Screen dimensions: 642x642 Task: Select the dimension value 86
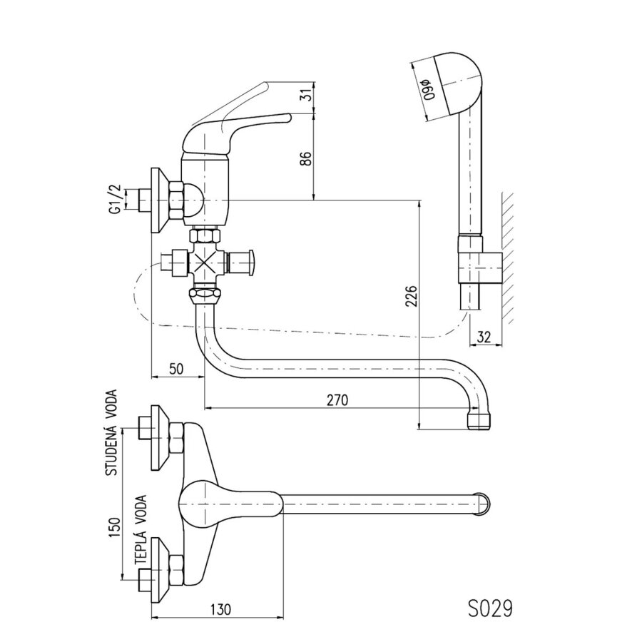306,158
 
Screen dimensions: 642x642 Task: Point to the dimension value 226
411,295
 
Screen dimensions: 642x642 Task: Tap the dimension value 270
337,399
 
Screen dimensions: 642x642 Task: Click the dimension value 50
176,369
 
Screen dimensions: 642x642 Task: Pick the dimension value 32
484,337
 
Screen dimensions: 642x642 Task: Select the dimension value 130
220,609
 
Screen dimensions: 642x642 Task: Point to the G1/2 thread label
116,198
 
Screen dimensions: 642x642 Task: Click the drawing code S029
490,609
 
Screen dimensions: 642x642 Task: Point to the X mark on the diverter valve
206,264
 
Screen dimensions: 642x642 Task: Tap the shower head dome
459,82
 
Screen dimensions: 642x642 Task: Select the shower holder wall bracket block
480,267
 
